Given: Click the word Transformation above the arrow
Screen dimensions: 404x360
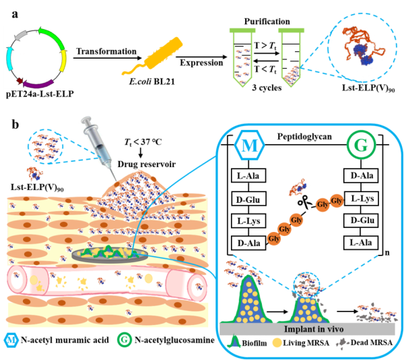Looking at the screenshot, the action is pyautogui.click(x=106, y=51).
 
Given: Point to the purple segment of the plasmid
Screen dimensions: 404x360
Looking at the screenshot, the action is pyautogui.click(x=38, y=84).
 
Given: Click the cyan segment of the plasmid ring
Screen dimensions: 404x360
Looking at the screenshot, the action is pyautogui.click(x=9, y=59).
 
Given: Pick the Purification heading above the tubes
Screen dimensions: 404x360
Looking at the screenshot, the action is pyautogui.click(x=267, y=22).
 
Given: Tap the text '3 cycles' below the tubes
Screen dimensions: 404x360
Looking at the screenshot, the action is pyautogui.click(x=267, y=88).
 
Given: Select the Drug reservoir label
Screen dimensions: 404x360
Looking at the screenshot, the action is pyautogui.click(x=147, y=164).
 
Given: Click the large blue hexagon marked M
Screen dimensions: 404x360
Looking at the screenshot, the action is pyautogui.click(x=250, y=145).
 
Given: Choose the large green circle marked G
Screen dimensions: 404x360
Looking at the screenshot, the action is pyautogui.click(x=361, y=145).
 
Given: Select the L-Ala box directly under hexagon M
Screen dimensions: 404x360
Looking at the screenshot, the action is pyautogui.click(x=248, y=175).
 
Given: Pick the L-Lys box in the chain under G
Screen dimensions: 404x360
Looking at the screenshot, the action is pyautogui.click(x=361, y=198).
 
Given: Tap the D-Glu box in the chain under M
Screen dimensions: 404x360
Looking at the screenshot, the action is pyautogui.click(x=248, y=199).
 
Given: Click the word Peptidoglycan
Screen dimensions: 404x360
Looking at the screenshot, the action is pyautogui.click(x=304, y=136).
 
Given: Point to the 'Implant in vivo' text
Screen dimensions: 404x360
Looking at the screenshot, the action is pyautogui.click(x=314, y=329).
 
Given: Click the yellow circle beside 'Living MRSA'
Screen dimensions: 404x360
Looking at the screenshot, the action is pyautogui.click(x=277, y=342).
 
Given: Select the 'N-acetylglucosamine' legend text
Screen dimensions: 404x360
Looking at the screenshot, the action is pyautogui.click(x=174, y=340).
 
